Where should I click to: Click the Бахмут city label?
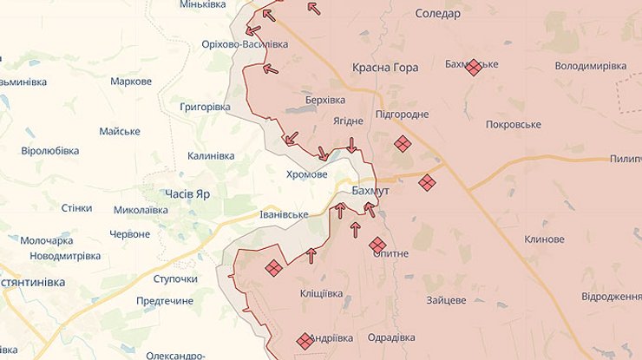[x=371, y=190]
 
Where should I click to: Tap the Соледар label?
[x=437, y=13]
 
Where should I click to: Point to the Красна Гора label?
[x=385, y=68]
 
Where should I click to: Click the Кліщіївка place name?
[x=321, y=293]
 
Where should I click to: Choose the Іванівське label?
[x=284, y=214]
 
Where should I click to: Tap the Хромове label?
[x=307, y=173]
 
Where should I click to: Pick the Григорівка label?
[x=205, y=107]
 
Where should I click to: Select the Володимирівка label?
[x=590, y=66]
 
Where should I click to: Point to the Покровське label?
[x=514, y=124]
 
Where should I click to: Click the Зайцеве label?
[x=446, y=300]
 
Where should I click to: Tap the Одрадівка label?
[x=391, y=337]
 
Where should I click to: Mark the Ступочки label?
[x=175, y=278]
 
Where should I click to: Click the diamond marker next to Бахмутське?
[x=474, y=68]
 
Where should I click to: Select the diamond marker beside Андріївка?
[x=305, y=341]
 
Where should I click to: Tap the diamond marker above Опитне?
[x=377, y=245]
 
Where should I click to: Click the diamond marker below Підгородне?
[x=402, y=144]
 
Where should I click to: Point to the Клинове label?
[x=544, y=239]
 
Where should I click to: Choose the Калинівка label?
[x=211, y=156]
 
